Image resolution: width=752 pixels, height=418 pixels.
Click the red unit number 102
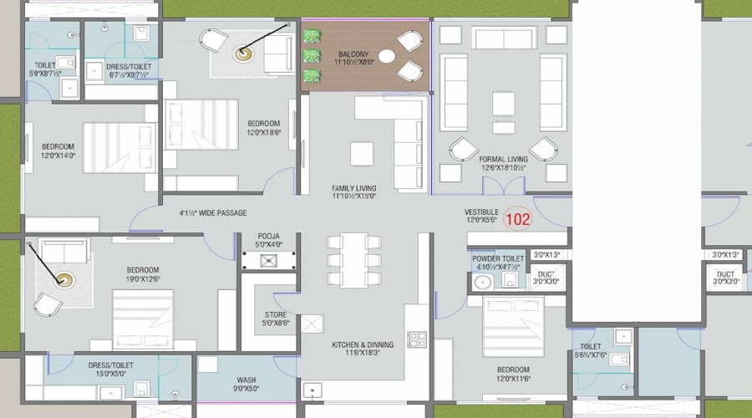pos(518,220)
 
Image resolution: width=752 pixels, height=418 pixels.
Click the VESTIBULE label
pos(481,212)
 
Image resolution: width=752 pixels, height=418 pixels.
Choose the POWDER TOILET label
pos(498,259)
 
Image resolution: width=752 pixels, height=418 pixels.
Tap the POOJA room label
pos(268,237)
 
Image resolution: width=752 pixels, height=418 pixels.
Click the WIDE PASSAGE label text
pos(213,213)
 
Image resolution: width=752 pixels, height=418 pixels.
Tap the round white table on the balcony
pos(387,57)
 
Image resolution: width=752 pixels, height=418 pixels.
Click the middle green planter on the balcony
pos(312,56)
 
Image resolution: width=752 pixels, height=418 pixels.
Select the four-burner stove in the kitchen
pos(416,339)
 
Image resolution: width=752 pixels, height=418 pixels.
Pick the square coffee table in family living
pos(362,154)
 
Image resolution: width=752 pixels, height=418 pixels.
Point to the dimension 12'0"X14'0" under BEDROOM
pos(58,155)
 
